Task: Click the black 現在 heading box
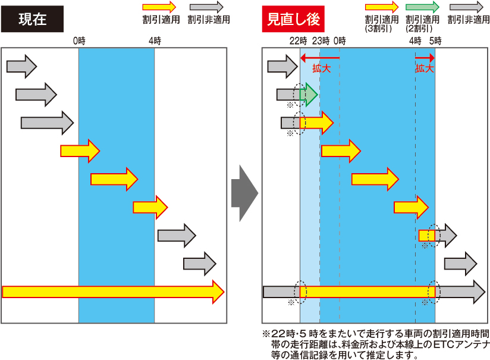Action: (x=32, y=19)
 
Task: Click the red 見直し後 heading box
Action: (x=293, y=19)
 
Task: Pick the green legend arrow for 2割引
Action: (x=422, y=7)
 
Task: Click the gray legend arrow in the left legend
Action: (x=206, y=7)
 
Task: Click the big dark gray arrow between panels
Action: (x=244, y=193)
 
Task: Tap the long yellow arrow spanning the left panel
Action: (x=113, y=292)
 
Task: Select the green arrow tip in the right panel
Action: (x=310, y=94)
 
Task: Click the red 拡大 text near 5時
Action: (x=425, y=68)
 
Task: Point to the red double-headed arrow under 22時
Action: (x=320, y=58)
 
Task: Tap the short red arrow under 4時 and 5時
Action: (x=425, y=58)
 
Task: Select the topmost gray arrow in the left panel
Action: (x=21, y=65)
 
